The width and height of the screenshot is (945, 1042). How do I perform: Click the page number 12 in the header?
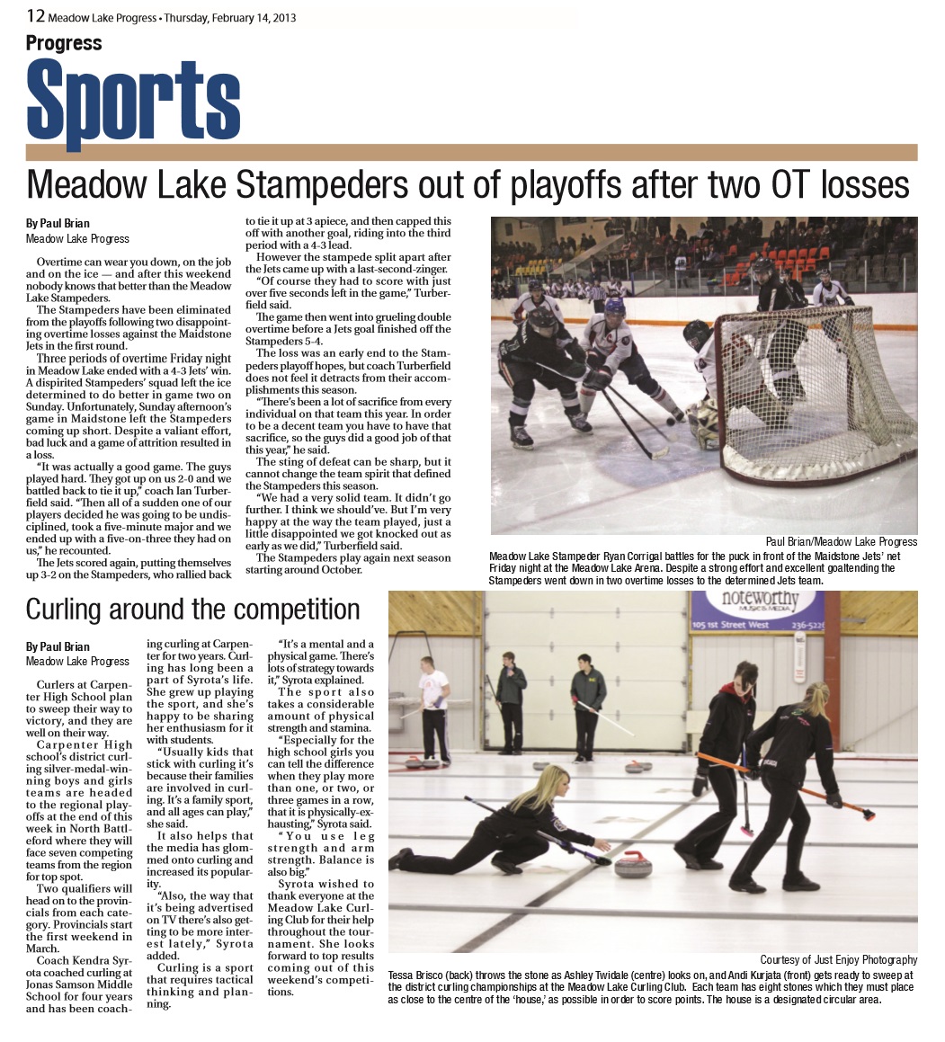coord(35,15)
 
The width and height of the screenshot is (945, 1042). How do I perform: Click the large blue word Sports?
coord(133,100)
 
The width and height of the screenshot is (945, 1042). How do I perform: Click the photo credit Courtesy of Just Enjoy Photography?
coord(838,959)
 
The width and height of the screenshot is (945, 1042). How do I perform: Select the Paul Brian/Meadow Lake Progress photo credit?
coord(842,541)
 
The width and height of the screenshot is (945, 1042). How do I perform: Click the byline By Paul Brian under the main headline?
coord(58,223)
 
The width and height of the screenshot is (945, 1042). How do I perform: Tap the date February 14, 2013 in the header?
coord(244,17)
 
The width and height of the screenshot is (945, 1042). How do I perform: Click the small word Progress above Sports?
coord(64,43)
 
